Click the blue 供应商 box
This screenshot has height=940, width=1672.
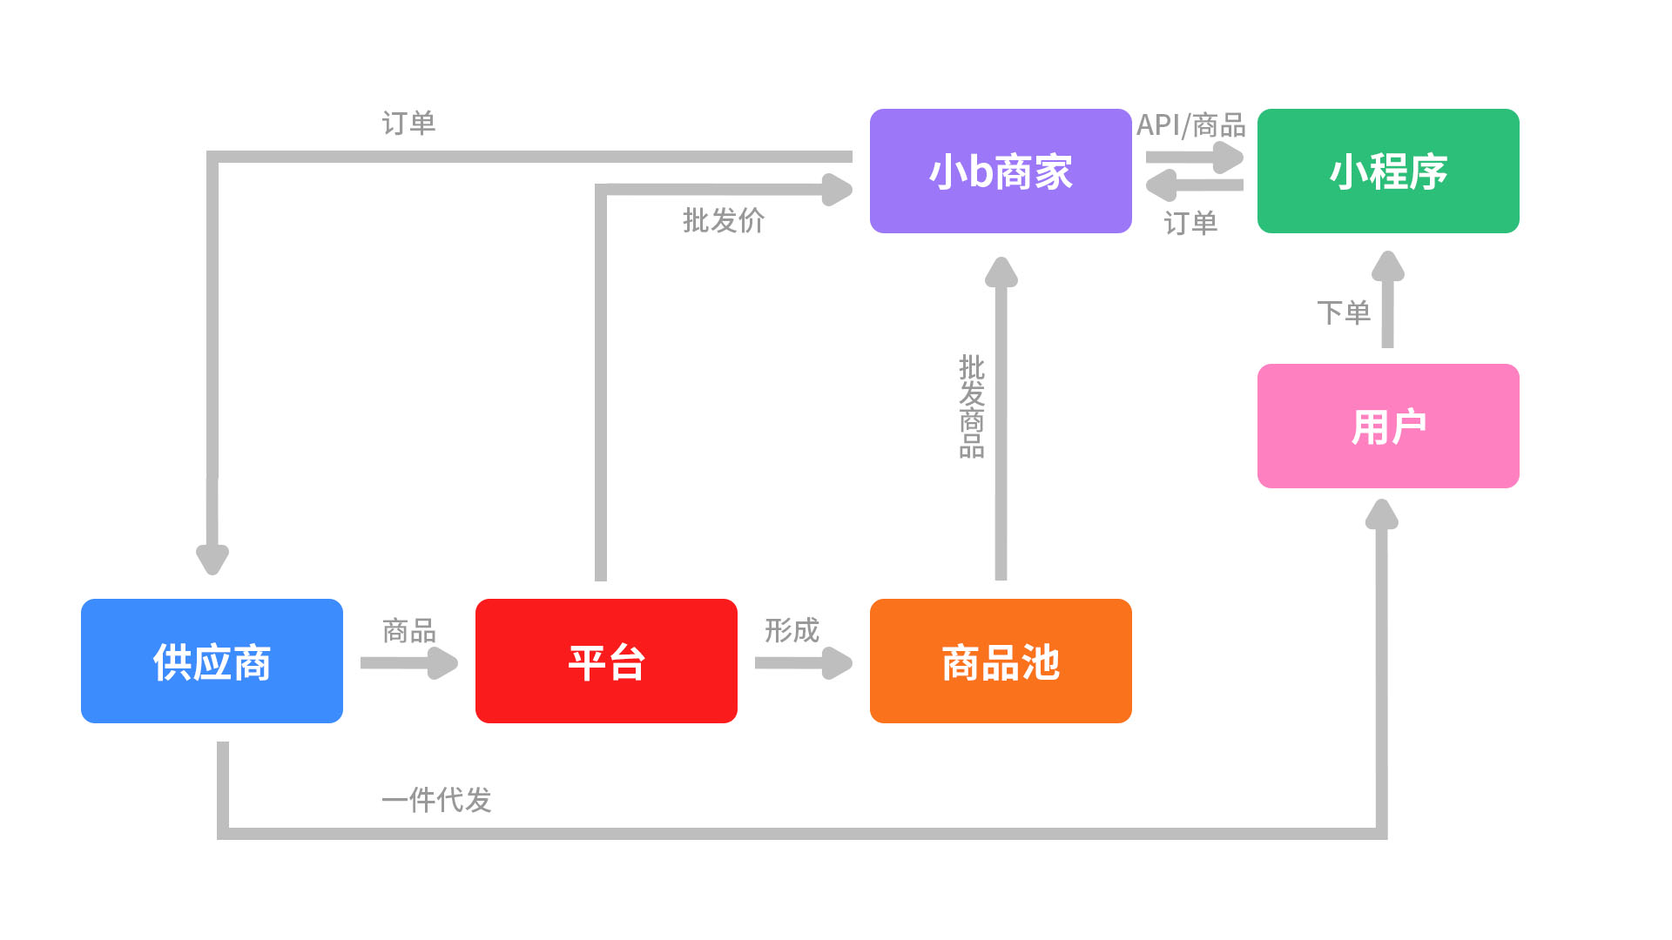[x=212, y=661]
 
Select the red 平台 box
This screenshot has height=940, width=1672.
[x=606, y=661]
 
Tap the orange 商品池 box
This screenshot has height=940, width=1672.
[x=1001, y=661]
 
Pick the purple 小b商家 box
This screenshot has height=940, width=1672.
[x=1001, y=171]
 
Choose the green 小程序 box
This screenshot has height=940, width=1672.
[x=1388, y=171]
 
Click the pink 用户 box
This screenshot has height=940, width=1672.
[x=1388, y=426]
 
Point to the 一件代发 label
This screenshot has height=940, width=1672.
[x=436, y=799]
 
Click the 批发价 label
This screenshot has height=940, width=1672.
[x=723, y=220]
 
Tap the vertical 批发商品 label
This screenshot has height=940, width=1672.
[x=972, y=406]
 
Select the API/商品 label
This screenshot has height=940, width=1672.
[x=1190, y=125]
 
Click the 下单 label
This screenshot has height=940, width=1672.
[x=1343, y=312]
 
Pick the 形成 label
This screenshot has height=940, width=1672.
[x=792, y=630]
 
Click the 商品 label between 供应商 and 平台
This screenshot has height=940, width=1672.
[x=408, y=630]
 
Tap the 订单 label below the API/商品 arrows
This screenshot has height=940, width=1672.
[x=1190, y=223]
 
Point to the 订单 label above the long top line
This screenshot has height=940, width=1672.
[x=408, y=123]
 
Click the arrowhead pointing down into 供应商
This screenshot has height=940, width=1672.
[x=212, y=557]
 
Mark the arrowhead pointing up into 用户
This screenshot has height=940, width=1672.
[x=1381, y=515]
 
